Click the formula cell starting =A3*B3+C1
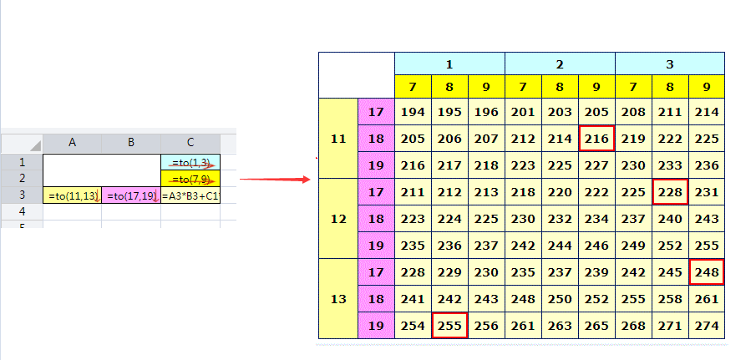pos(190,196)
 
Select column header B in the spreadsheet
pos(131,143)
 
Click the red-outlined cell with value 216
pos(597,139)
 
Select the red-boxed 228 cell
pos(671,192)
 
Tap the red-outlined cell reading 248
pos(708,272)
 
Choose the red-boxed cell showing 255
pos(450,326)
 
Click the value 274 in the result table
pos(708,326)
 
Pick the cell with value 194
pos(414,112)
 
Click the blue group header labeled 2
pos(561,63)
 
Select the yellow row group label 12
pos(337,219)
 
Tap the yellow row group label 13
pos(337,299)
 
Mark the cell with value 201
pos(524,112)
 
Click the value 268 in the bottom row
pos(634,326)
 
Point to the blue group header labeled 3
pos(670,63)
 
